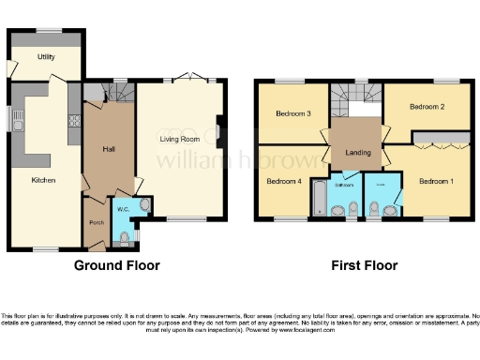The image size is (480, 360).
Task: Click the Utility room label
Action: (x=45, y=57)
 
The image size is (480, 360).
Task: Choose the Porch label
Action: (x=96, y=222)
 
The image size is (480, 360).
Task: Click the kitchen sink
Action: (x=17, y=119)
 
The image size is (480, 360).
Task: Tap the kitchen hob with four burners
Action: (x=73, y=120)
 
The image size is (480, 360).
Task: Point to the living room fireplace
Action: (x=218, y=131)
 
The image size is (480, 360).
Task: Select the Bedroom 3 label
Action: (x=292, y=114)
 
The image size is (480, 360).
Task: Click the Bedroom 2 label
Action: (x=427, y=107)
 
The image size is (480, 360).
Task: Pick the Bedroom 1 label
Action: (x=434, y=180)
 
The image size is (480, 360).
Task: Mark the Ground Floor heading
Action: (x=116, y=265)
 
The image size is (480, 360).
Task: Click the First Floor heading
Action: (x=364, y=265)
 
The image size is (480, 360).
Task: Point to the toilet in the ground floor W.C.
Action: (x=127, y=239)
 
